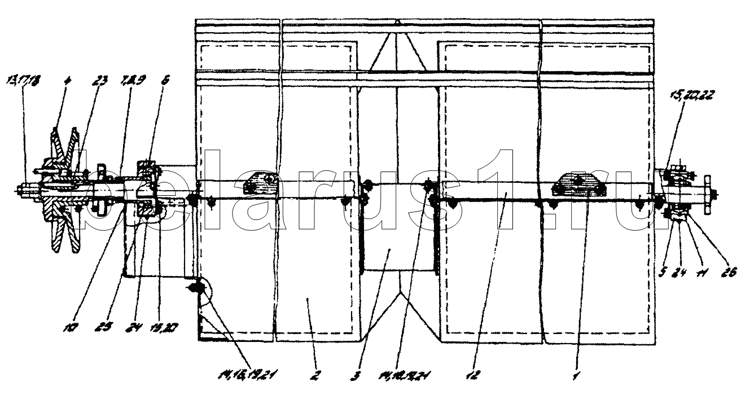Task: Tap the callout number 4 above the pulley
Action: pyautogui.click(x=67, y=80)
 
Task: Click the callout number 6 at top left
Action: pyautogui.click(x=165, y=80)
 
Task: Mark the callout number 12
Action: pyautogui.click(x=475, y=372)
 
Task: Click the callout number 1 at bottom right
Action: pyautogui.click(x=576, y=372)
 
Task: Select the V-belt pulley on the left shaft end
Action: pyautogui.click(x=62, y=192)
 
